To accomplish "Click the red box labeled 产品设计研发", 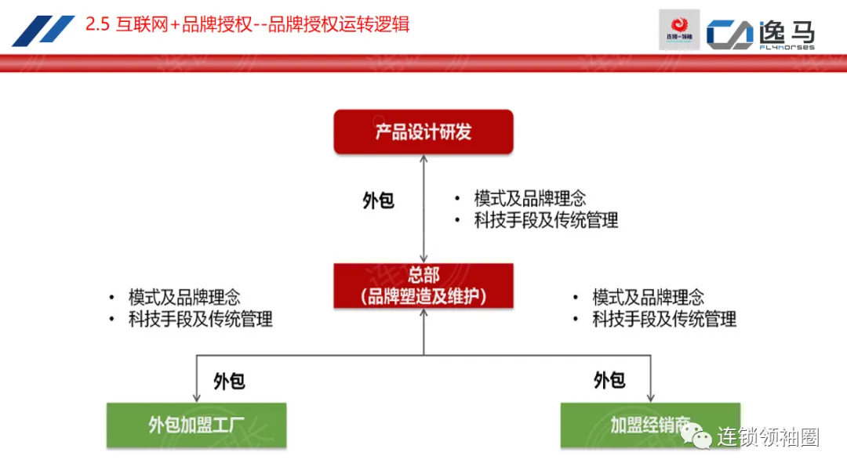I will coord(423,132).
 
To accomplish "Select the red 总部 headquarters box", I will coord(423,285).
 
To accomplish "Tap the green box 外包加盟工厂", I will coord(196,425).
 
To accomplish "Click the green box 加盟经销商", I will coord(650,425).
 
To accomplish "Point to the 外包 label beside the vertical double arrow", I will coord(379,201).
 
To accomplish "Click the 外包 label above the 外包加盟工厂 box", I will coord(229,382).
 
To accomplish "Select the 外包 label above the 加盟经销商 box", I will coord(609,381).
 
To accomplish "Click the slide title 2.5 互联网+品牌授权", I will coord(248,25).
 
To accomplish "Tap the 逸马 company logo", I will coord(761,34).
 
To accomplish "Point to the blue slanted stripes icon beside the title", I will coord(43,31).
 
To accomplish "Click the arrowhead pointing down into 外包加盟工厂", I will coord(196,397).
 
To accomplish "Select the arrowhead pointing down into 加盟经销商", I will coord(650,397).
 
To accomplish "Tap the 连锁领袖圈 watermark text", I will coord(768,438).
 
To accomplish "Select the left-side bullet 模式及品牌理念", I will coord(184,298).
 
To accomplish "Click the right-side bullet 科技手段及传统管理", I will coord(664,320).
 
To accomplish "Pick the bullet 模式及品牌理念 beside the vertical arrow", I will coord(529,199).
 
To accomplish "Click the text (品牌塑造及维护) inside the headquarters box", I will coord(423,297).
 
